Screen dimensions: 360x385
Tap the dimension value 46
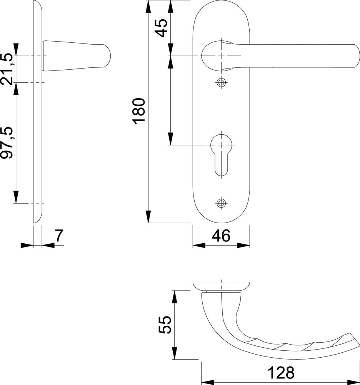(221, 236)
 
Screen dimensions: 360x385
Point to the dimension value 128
(281, 373)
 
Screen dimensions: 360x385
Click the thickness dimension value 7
(59, 236)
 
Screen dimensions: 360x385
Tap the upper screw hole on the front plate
(221, 83)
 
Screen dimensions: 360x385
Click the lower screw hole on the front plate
(221, 203)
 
